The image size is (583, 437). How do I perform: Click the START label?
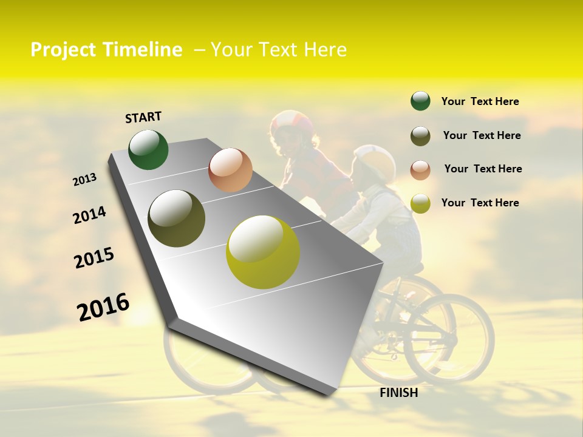point(143,117)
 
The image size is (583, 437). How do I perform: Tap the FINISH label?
point(398,393)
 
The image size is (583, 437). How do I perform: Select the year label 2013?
point(84,180)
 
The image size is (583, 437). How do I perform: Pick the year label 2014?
point(89,215)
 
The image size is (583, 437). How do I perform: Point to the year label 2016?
point(103,307)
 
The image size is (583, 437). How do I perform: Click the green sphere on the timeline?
point(148,149)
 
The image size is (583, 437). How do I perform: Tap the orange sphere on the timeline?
point(230,170)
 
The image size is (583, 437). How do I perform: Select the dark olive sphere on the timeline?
point(176,218)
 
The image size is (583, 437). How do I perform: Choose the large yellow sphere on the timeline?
point(263,252)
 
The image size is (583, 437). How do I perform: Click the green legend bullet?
point(420,101)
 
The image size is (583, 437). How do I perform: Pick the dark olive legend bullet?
point(420,136)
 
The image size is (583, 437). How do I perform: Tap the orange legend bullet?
point(420,169)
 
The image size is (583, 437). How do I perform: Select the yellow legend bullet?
point(420,203)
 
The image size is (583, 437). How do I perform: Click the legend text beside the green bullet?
point(480,101)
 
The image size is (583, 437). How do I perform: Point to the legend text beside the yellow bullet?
point(480,203)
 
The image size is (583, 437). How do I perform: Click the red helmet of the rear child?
point(292,123)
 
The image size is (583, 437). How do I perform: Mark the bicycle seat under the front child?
point(412,267)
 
